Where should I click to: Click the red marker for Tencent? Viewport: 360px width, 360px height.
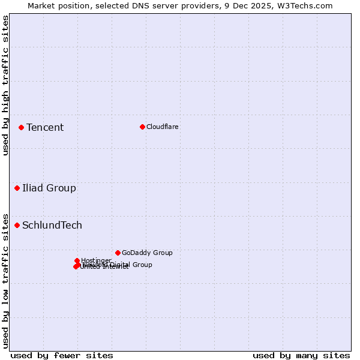(x=21, y=127)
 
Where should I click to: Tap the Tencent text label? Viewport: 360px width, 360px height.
(x=45, y=127)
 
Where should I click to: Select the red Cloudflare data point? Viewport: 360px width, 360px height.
(x=142, y=127)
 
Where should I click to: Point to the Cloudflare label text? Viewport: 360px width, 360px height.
(x=163, y=127)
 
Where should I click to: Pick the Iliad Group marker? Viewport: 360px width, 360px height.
(x=17, y=188)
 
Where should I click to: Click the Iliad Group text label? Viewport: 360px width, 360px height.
(x=49, y=188)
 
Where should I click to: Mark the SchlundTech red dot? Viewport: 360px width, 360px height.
(x=17, y=226)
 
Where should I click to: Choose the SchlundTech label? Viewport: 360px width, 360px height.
(x=52, y=226)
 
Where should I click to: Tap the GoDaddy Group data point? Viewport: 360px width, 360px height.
(x=118, y=253)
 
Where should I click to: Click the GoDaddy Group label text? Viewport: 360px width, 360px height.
(x=147, y=253)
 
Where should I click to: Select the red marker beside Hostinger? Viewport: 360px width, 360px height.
(x=77, y=260)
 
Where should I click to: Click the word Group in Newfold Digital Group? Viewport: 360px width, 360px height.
(x=142, y=265)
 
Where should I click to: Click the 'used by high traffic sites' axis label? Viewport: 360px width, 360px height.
(x=5, y=85)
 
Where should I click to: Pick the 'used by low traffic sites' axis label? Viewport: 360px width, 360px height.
(x=5, y=281)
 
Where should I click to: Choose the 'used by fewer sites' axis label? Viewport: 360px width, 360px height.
(x=62, y=355)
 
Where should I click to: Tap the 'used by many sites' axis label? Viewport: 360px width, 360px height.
(x=301, y=355)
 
